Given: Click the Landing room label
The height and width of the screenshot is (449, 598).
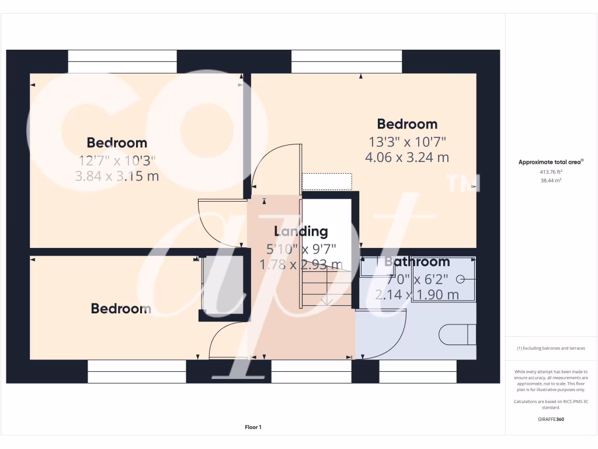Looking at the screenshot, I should [x=301, y=232].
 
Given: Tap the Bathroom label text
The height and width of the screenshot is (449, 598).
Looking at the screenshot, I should [x=417, y=261].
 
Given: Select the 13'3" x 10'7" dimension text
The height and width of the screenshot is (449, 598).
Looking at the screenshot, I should [x=406, y=141].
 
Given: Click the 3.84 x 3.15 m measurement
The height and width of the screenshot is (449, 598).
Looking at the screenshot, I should [x=117, y=176].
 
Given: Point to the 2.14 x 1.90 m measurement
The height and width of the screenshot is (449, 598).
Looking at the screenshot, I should [x=417, y=295].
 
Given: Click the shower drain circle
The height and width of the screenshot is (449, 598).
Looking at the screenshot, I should [x=460, y=279].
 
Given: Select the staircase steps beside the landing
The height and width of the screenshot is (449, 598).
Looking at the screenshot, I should [x=327, y=289].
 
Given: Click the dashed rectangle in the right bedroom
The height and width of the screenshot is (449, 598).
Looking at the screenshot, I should [x=327, y=181].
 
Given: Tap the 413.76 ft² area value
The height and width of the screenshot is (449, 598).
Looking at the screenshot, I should [x=551, y=172].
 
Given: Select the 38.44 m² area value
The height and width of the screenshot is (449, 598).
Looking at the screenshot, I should [x=551, y=181].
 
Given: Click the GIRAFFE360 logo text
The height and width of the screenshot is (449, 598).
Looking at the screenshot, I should [x=551, y=419].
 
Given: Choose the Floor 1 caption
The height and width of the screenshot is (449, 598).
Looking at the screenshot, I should [x=253, y=427].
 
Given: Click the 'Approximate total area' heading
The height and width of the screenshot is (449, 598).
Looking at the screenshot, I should [x=551, y=162].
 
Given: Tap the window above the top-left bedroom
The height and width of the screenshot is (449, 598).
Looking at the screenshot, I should [x=123, y=61].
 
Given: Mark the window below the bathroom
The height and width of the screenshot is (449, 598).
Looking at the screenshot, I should [x=418, y=371].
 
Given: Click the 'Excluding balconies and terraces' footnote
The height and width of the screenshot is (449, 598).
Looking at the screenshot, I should [x=551, y=348].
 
